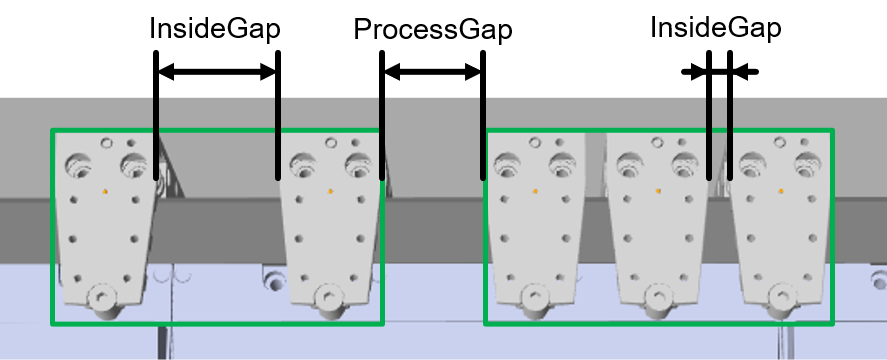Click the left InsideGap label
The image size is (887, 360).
point(215,29)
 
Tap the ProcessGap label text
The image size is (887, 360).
point(433,29)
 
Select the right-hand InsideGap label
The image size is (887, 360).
point(716,28)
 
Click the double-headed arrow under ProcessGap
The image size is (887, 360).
point(433,72)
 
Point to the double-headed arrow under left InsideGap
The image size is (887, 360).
point(217,72)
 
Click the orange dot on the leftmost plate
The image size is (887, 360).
point(105,192)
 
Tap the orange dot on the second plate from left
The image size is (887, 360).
point(330,192)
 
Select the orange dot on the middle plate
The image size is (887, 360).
point(535,192)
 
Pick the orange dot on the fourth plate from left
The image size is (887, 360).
point(658,191)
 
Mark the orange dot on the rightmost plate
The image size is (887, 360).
point(781,191)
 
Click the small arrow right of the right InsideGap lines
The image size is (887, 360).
point(745,72)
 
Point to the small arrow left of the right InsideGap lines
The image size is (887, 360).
point(694,72)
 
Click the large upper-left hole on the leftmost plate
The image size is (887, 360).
point(78,165)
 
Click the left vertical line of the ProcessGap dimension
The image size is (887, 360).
point(382,115)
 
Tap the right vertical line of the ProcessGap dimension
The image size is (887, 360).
point(483,115)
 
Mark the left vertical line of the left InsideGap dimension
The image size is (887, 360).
point(156,115)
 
